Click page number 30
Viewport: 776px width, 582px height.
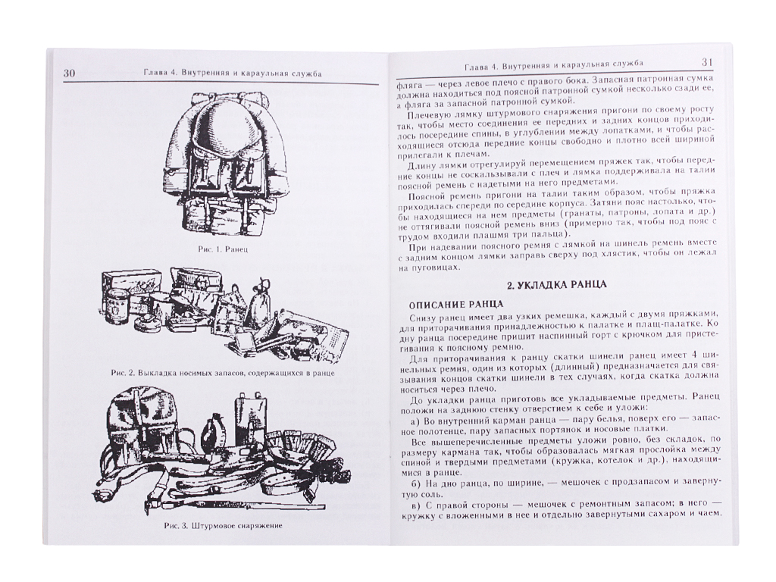click(69, 74)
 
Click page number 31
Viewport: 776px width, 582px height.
click(707, 62)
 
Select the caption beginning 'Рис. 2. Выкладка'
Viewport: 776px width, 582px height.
click(223, 373)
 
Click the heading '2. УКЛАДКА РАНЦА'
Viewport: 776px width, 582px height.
click(557, 285)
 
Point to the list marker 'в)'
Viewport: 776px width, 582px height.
click(415, 505)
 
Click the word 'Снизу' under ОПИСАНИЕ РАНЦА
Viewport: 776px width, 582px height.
click(421, 317)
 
